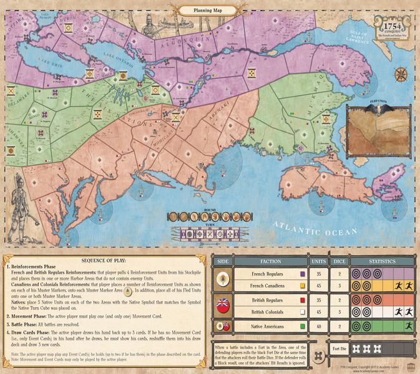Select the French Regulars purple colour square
point(301,273)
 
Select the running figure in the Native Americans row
point(408,325)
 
